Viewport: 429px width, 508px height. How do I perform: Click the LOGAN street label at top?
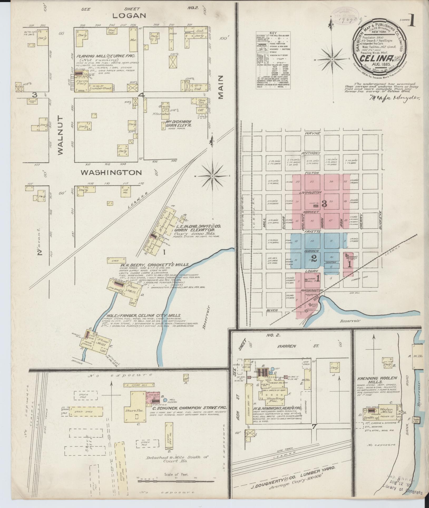[129, 16]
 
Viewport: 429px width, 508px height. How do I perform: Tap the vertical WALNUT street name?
[60, 135]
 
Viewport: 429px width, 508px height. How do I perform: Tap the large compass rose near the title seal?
[333, 60]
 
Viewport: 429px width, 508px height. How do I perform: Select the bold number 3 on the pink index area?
[324, 204]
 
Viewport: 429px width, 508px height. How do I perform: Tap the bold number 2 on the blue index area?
[314, 258]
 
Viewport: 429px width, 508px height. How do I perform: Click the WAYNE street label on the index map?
[313, 133]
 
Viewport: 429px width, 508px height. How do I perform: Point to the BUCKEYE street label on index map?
[380, 221]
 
